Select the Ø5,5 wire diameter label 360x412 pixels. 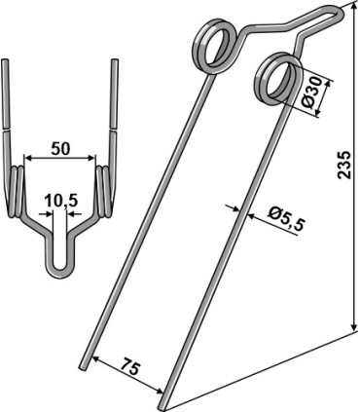(287, 220)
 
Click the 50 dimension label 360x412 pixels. (60, 149)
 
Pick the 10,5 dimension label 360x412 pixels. (61, 202)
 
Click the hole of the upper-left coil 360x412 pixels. (213, 46)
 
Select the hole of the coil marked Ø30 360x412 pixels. (277, 78)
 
